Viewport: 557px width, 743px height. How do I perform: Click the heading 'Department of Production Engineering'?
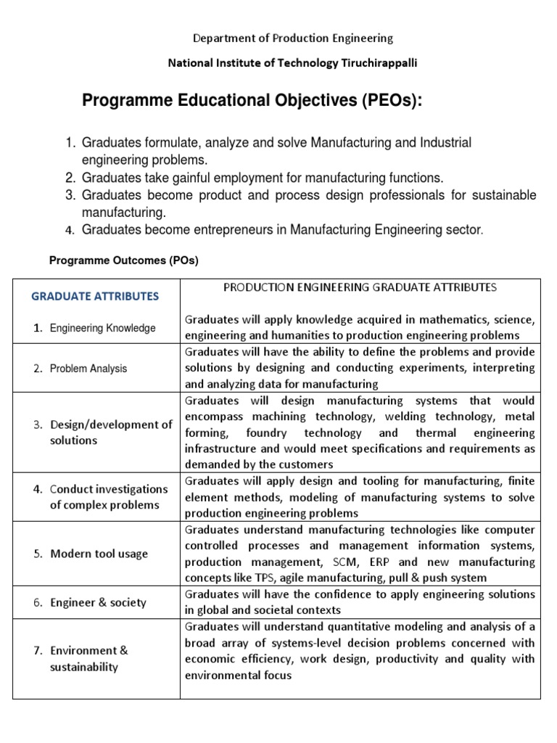coord(292,38)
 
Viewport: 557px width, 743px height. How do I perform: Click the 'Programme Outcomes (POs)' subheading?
coord(123,260)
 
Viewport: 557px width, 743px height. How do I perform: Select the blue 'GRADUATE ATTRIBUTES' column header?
coord(94,296)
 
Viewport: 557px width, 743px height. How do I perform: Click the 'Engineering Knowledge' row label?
coord(102,328)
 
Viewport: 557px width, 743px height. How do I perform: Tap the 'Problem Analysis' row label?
coord(88,369)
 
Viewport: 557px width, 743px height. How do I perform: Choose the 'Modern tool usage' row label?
coord(99,554)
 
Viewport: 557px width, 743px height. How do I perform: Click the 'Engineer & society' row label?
coord(98,602)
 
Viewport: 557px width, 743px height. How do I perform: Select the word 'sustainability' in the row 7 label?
coord(84,667)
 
